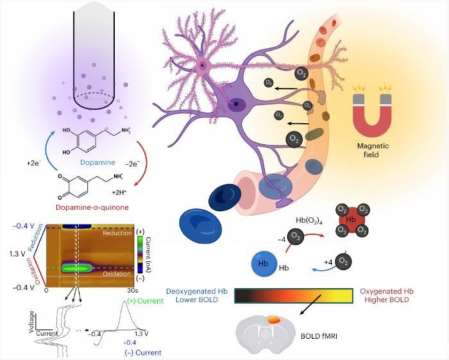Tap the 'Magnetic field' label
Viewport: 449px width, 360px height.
point(373,150)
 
